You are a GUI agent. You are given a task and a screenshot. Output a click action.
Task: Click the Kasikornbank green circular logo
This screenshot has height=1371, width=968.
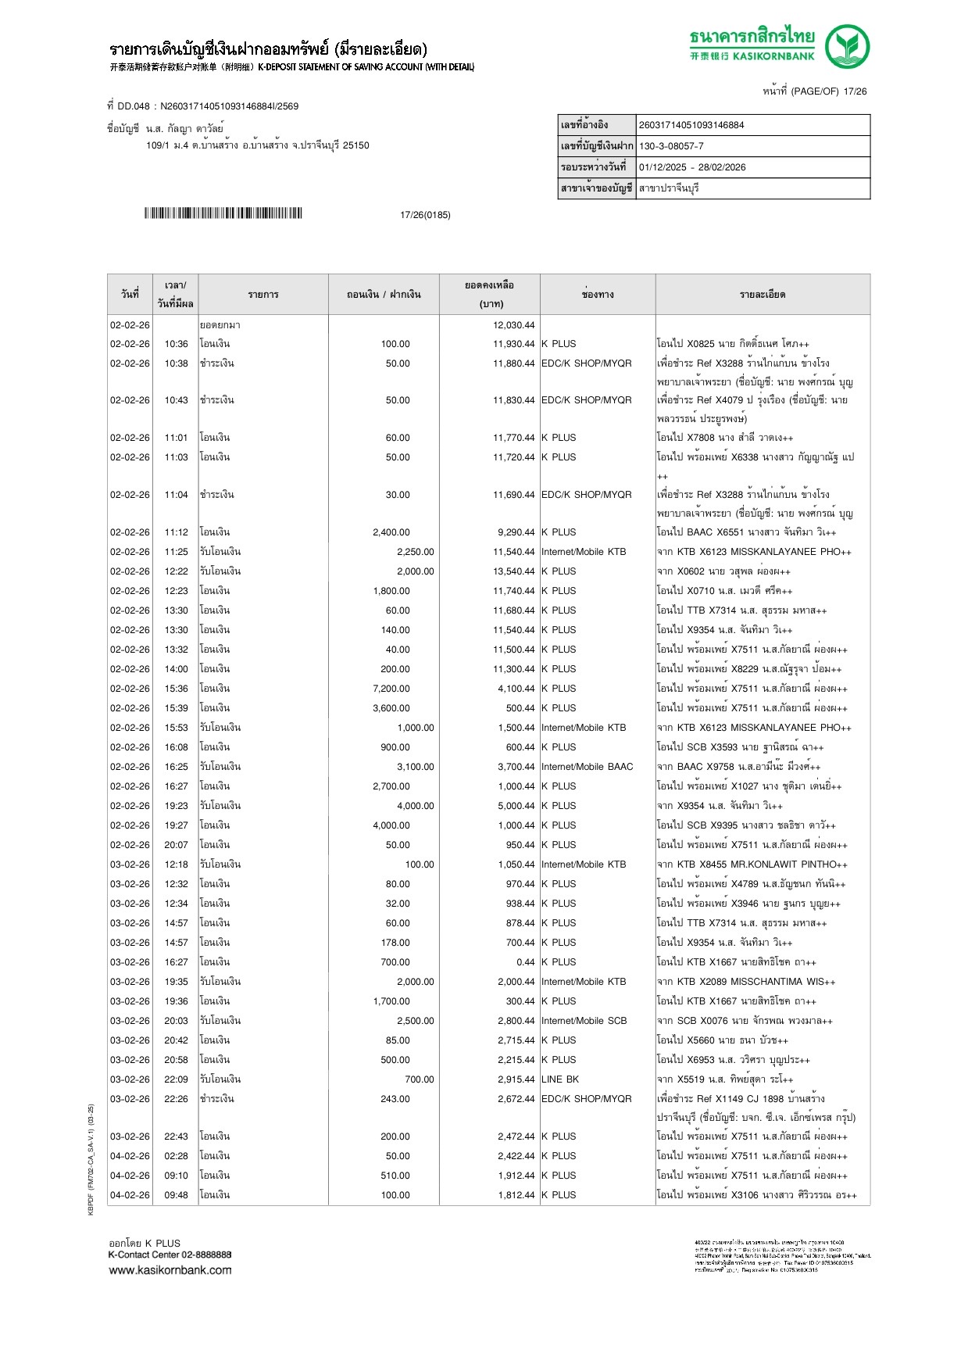(847, 46)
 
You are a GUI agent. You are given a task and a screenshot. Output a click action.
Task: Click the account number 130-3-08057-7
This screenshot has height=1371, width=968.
(671, 146)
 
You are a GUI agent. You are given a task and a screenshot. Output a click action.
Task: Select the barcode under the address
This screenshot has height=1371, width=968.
(223, 213)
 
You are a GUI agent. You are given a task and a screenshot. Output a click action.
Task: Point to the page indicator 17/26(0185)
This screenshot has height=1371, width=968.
(425, 215)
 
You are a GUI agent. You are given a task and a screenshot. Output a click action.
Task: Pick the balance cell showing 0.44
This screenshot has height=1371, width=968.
(525, 962)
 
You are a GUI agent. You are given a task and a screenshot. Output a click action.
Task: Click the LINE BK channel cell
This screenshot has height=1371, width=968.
(560, 1079)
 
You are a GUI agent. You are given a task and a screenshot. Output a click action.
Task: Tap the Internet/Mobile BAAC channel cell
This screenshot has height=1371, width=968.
(587, 767)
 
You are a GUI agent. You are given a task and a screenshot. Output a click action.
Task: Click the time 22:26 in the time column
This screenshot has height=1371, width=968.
(176, 1099)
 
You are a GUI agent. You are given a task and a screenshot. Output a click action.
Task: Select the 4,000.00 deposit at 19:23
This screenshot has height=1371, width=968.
(415, 806)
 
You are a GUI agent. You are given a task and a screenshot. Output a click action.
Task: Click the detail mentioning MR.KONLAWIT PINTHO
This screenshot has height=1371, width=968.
(752, 864)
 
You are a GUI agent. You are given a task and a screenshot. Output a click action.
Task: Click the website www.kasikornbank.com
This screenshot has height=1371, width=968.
(170, 1270)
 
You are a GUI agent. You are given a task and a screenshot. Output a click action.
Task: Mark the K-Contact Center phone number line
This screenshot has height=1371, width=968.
(170, 1255)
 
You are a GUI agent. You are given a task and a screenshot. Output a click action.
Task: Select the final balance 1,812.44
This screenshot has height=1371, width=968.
(513, 1195)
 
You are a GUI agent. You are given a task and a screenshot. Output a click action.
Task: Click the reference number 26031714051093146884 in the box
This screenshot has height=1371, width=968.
(691, 125)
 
